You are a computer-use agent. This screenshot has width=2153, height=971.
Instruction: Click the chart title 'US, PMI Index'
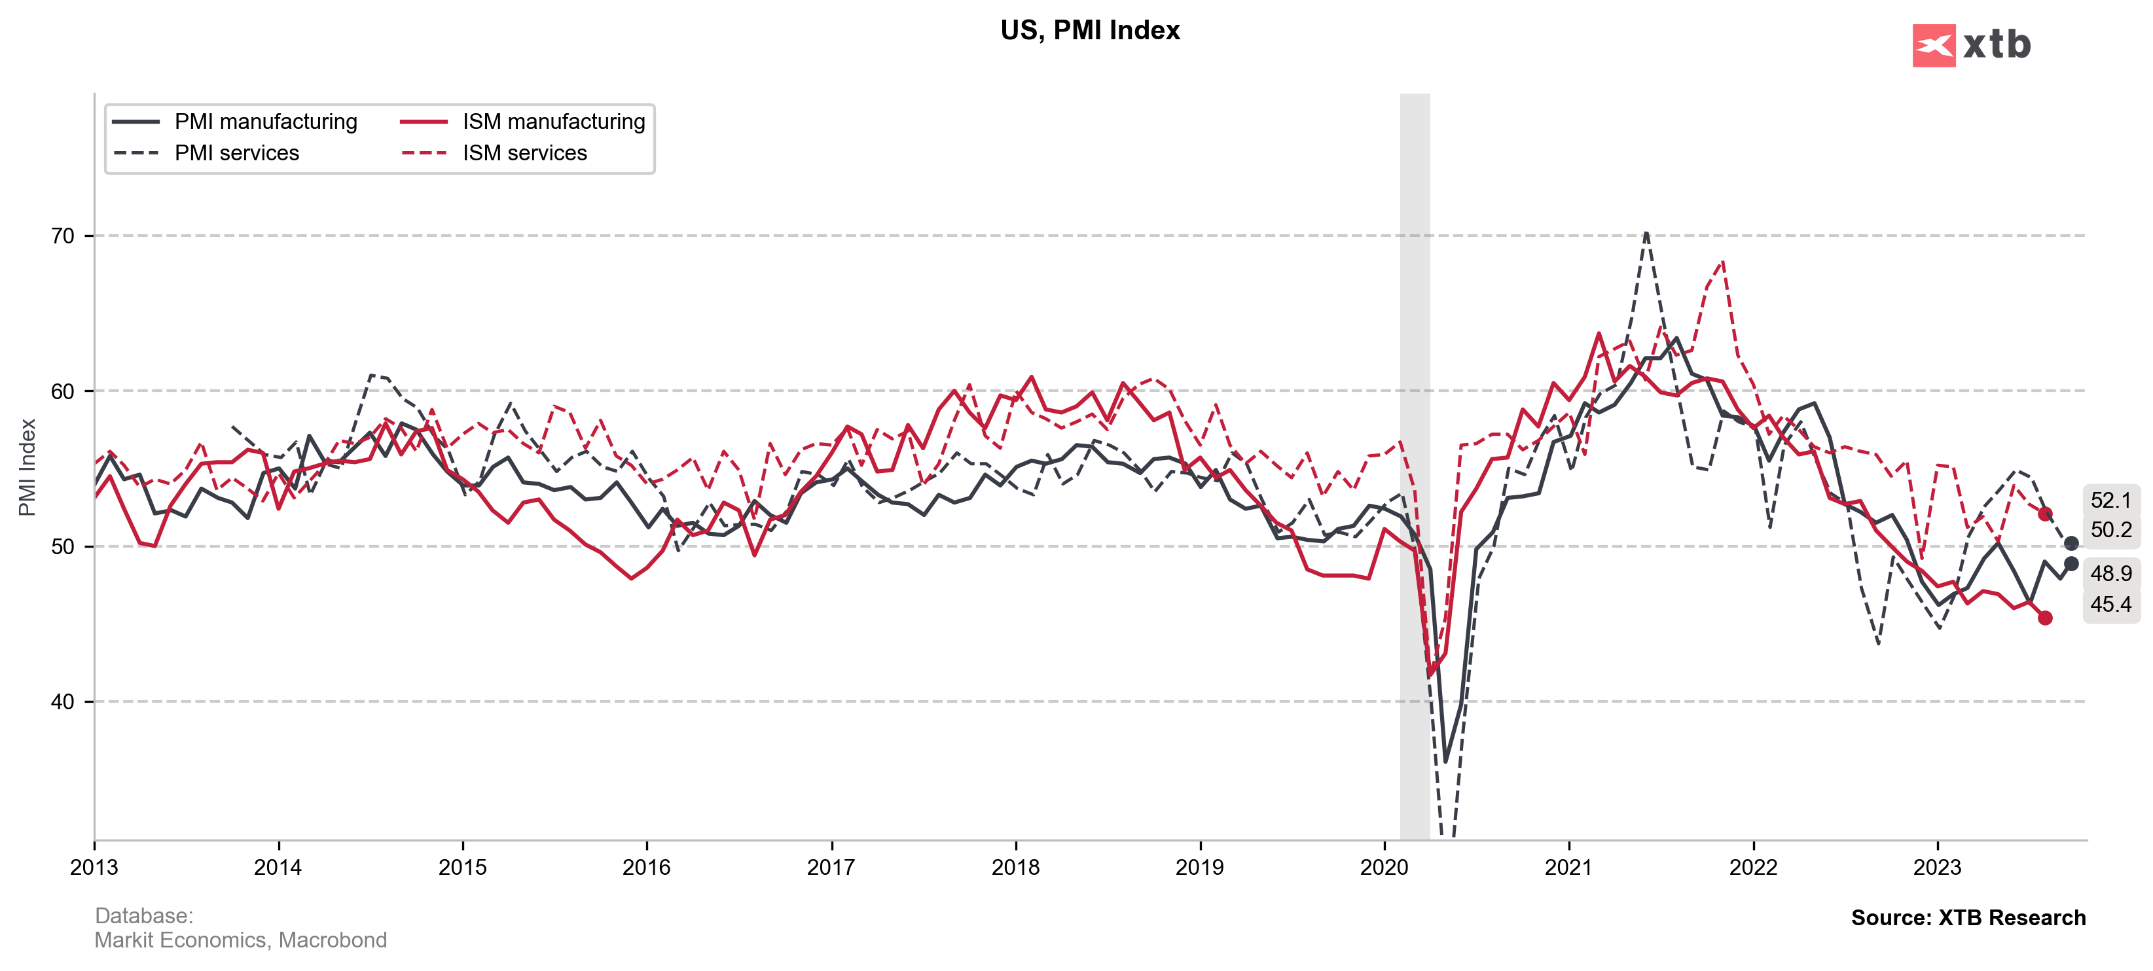pyautogui.click(x=1089, y=30)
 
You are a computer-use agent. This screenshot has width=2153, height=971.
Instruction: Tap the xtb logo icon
pyautogui.click(x=1933, y=45)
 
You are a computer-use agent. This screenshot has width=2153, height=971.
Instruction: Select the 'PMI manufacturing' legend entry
pyautogui.click(x=265, y=122)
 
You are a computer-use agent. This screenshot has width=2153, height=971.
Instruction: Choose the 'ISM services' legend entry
pyautogui.click(x=524, y=153)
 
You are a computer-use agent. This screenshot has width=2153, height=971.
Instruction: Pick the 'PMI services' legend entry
pyautogui.click(x=236, y=153)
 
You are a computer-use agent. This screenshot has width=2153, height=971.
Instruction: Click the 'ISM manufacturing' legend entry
pyautogui.click(x=553, y=122)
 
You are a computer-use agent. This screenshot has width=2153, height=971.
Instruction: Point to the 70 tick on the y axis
pyautogui.click(x=63, y=236)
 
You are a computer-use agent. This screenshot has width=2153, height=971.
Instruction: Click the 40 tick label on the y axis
pyautogui.click(x=63, y=702)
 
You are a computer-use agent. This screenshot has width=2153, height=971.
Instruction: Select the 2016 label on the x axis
pyautogui.click(x=646, y=868)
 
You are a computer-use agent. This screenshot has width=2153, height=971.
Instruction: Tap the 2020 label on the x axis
pyautogui.click(x=1384, y=868)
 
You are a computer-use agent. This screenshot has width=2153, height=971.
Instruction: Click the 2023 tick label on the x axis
pyautogui.click(x=1938, y=868)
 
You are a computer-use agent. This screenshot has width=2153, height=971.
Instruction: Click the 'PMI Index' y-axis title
pyautogui.click(x=27, y=468)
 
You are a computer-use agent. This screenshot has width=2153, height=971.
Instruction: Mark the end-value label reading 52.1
pyautogui.click(x=2110, y=501)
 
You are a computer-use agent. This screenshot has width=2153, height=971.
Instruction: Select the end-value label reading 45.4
pyautogui.click(x=2110, y=604)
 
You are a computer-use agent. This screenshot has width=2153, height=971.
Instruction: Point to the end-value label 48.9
pyautogui.click(x=2110, y=573)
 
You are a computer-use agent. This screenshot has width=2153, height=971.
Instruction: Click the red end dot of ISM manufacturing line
pyautogui.click(x=2044, y=618)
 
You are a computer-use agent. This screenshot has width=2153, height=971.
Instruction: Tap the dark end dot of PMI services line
pyautogui.click(x=2071, y=543)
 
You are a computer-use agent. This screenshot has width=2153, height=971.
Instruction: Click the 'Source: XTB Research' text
pyautogui.click(x=1968, y=917)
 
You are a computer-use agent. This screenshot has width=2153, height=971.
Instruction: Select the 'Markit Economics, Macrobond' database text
pyautogui.click(x=241, y=940)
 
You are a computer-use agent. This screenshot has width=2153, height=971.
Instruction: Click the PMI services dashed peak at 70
pyautogui.click(x=1646, y=234)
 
